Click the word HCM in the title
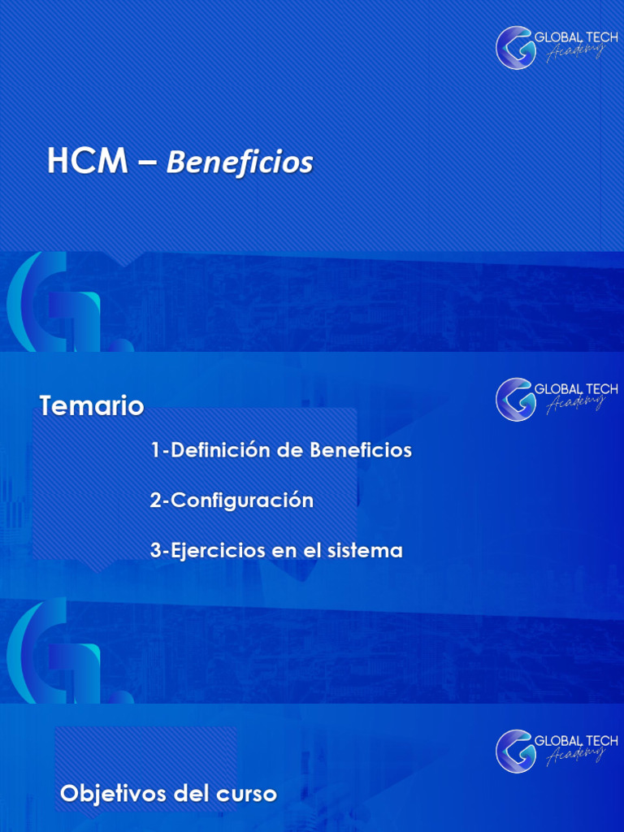(x=87, y=162)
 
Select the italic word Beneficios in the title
(x=240, y=162)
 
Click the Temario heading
(x=92, y=405)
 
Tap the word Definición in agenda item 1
(x=219, y=450)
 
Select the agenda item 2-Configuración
(x=232, y=500)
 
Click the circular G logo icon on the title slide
(x=516, y=47)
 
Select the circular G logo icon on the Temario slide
(x=516, y=399)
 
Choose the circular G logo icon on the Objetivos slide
(x=516, y=751)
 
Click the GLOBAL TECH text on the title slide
(x=576, y=37)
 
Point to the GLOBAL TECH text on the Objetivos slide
(x=576, y=741)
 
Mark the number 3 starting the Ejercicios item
(x=154, y=551)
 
